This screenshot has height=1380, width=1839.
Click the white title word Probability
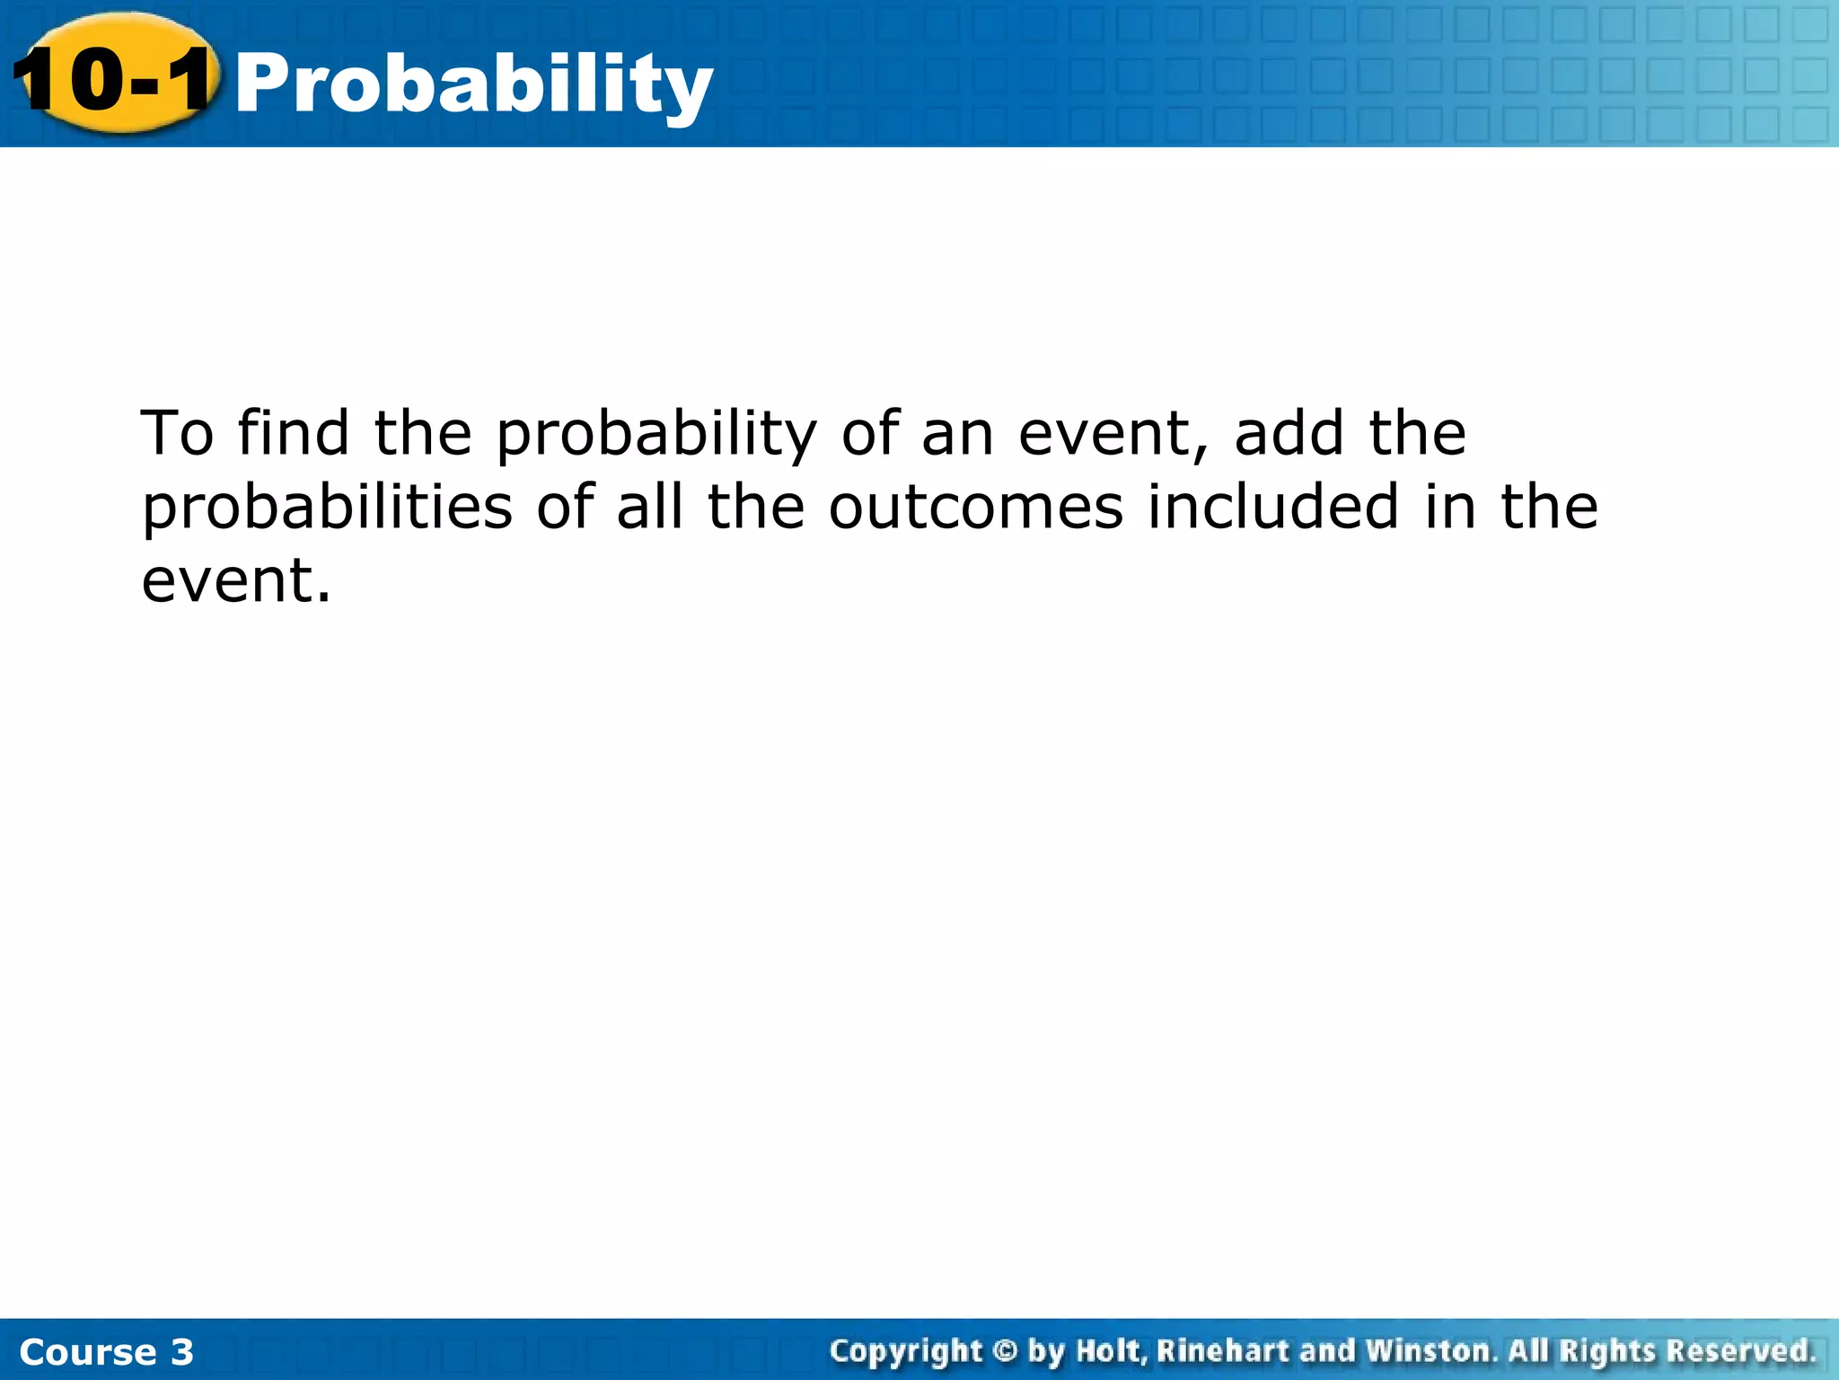point(473,85)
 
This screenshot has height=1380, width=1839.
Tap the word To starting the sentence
point(177,433)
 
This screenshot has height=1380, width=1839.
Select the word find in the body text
point(293,433)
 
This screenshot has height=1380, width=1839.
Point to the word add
point(1288,433)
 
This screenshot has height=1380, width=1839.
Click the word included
point(1272,507)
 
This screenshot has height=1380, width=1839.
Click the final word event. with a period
point(236,582)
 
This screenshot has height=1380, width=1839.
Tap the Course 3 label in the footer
point(106,1351)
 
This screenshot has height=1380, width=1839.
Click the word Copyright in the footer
point(906,1351)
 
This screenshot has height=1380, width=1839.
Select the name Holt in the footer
point(1111,1350)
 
